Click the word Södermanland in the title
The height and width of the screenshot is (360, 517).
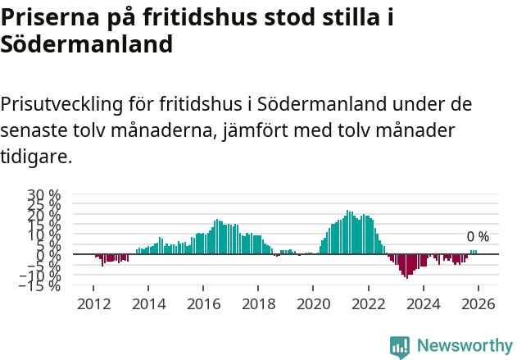pos(86,44)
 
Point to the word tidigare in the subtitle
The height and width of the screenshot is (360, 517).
pos(36,156)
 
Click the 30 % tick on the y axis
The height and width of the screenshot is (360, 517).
pos(44,195)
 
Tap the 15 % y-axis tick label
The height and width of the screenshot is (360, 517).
pos(44,225)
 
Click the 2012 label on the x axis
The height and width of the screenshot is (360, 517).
pos(93,303)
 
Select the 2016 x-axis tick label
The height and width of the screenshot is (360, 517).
pos(203,303)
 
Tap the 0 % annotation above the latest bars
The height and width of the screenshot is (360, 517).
pos(478,237)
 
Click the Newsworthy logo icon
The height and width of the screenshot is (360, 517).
pos(400,346)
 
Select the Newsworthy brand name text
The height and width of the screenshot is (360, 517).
pos(464,346)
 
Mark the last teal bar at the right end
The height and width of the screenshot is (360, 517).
pos(476,252)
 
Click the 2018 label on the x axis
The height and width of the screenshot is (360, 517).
pos(258,303)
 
